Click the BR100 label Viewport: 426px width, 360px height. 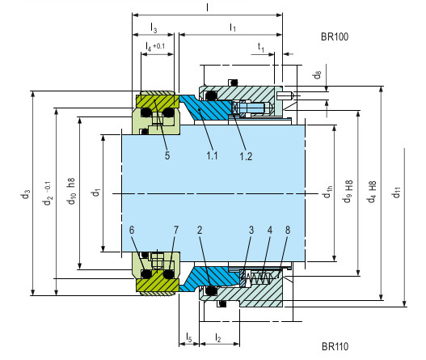pyautogui.click(x=334, y=37)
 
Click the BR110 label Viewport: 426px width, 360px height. pyautogui.click(x=334, y=346)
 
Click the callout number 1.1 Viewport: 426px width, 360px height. pyautogui.click(x=212, y=155)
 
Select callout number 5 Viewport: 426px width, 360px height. pyautogui.click(x=167, y=155)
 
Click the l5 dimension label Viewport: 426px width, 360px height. pyautogui.click(x=188, y=335)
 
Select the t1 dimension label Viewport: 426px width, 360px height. pyautogui.click(x=260, y=48)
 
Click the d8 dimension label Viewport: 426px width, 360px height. pyautogui.click(x=317, y=75)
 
